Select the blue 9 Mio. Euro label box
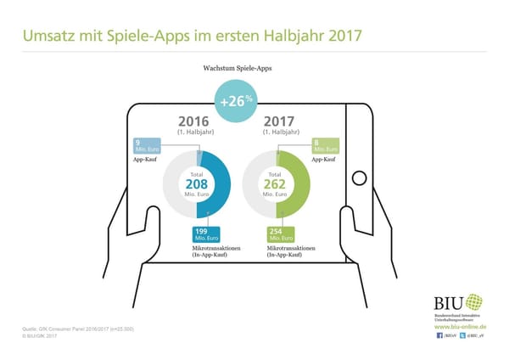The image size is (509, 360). click(148, 147)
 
